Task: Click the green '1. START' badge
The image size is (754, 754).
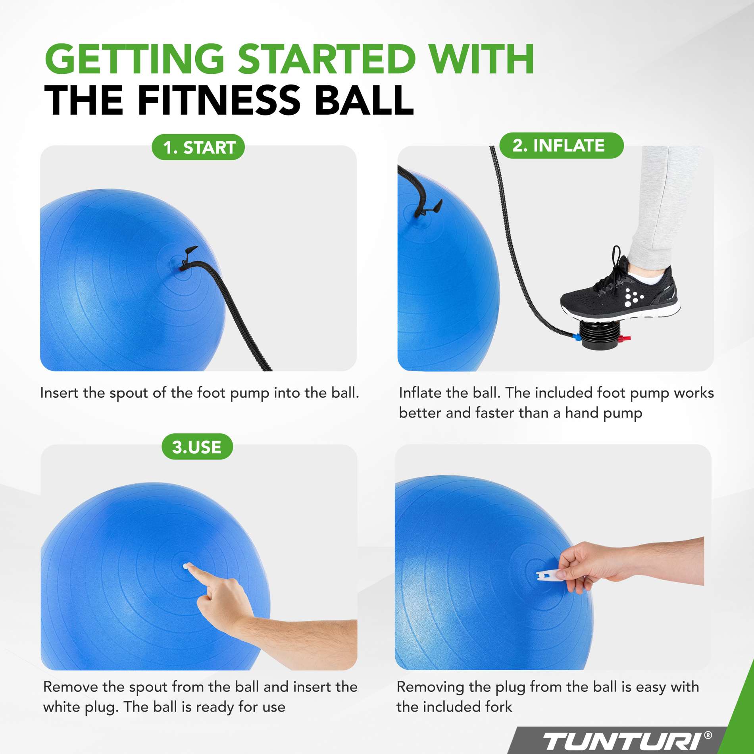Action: (198, 148)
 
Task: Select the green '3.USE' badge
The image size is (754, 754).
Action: (197, 447)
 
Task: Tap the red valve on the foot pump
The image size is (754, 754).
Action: (625, 339)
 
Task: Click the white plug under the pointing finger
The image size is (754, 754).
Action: (186, 565)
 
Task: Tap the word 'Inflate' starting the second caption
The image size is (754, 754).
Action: (420, 392)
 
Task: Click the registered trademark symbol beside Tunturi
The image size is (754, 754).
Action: (708, 735)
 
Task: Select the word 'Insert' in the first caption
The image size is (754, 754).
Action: (59, 392)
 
